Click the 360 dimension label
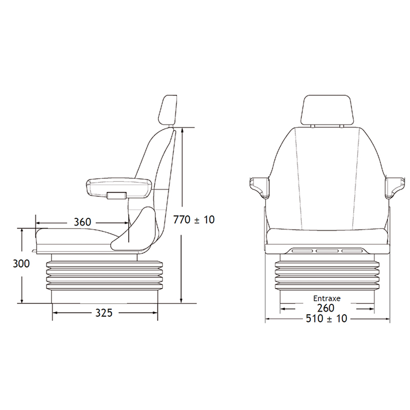coord(83,222)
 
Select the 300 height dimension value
coord(21,263)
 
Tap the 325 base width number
coord(104,313)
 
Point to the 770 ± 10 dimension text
coord(194,220)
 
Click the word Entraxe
coord(327,298)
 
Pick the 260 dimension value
coord(326,309)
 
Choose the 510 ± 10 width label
coord(326,318)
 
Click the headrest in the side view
coord(168,111)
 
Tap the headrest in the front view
coord(327,110)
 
